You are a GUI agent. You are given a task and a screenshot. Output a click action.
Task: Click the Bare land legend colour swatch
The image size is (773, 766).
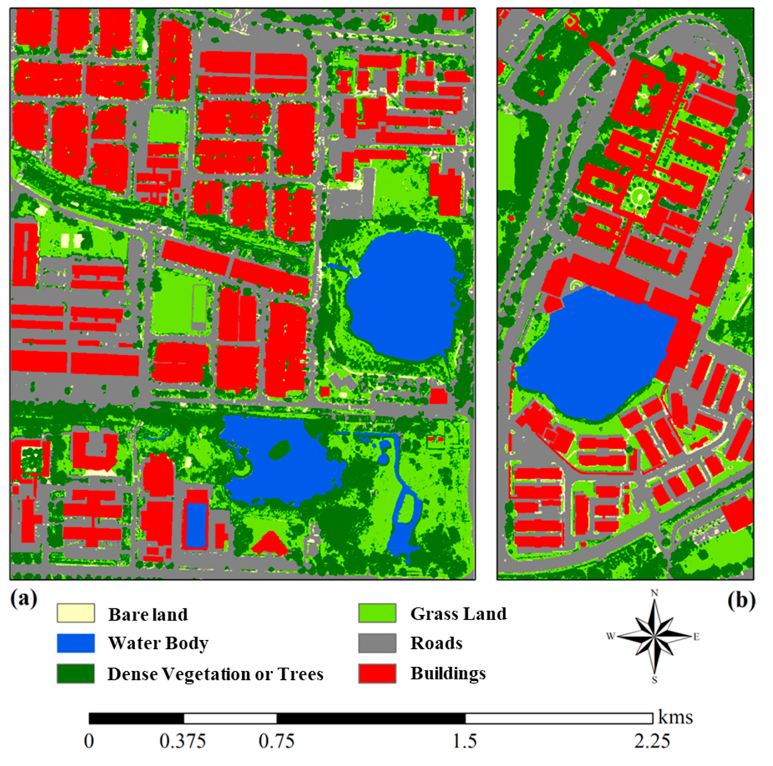(x=76, y=614)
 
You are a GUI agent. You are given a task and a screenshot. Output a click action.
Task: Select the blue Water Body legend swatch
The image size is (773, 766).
(x=76, y=643)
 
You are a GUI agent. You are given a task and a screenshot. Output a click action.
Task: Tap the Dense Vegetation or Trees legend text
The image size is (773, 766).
(x=215, y=674)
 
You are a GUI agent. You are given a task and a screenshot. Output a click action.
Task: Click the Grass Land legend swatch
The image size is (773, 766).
(x=377, y=613)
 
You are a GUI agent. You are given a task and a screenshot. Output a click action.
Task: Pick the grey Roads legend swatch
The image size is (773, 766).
(x=377, y=643)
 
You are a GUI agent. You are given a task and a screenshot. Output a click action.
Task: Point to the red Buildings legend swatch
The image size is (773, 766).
(x=377, y=674)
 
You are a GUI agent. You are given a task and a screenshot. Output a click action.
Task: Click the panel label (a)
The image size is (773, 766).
(x=24, y=599)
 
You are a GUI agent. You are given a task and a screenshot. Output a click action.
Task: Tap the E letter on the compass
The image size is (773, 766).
(x=696, y=637)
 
